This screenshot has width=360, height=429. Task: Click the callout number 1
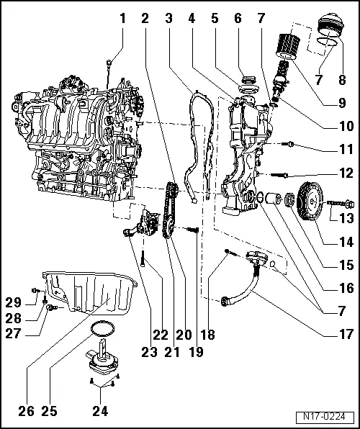(122, 18)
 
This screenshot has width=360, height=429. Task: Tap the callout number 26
(24, 412)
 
